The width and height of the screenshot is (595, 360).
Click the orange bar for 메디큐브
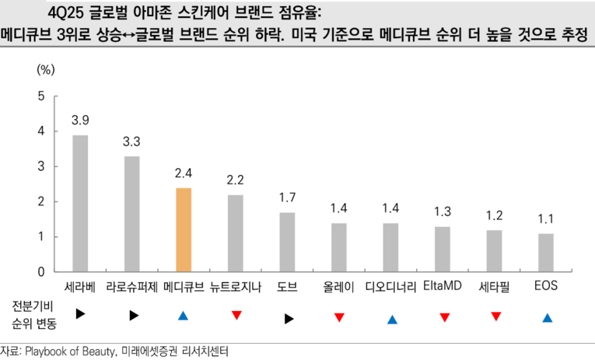pos(184,229)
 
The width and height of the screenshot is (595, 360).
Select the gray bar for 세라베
pos(80,203)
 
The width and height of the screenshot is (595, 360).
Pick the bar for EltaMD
pos(443,249)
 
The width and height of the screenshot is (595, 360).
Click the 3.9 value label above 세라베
pos(80,121)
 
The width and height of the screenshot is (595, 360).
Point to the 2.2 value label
pos(236,180)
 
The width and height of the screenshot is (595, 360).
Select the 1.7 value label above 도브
pos(287,197)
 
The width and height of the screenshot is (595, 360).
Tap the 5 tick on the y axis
pos(41,96)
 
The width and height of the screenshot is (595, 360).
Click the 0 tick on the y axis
pos(41,272)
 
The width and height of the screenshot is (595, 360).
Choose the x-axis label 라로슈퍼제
pos(132,287)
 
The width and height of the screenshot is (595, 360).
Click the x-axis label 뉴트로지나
pos(236,287)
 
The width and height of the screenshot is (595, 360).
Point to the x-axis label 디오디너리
pos(390,287)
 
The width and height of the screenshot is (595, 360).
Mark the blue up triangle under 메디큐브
pos(184,316)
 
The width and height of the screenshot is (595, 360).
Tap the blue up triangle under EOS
pos(548,317)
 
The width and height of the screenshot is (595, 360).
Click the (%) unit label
pos(46,69)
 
